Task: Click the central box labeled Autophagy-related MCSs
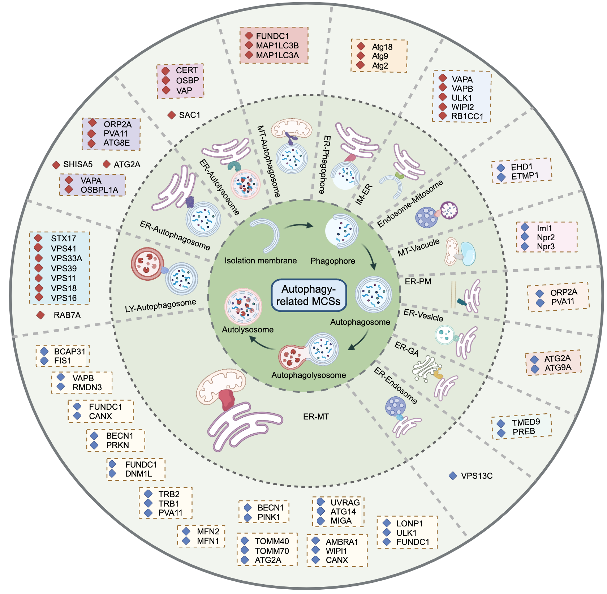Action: click(x=309, y=295)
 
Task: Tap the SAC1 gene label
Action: click(x=190, y=115)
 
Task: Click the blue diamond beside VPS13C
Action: click(x=453, y=476)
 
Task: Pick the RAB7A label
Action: click(x=67, y=315)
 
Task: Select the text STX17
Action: click(x=64, y=238)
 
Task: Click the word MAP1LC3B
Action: click(x=277, y=46)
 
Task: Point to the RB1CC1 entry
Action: click(x=467, y=116)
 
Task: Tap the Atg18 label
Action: click(x=382, y=47)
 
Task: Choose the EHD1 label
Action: click(x=522, y=167)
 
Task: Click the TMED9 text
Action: click(x=526, y=422)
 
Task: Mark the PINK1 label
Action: click(x=269, y=517)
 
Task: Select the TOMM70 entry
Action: click(x=272, y=551)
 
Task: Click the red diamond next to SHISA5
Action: click(x=56, y=165)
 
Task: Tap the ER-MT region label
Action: click(x=316, y=417)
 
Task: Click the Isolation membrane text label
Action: click(x=261, y=261)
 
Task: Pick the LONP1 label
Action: click(x=410, y=524)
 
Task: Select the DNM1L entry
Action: click(x=139, y=474)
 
